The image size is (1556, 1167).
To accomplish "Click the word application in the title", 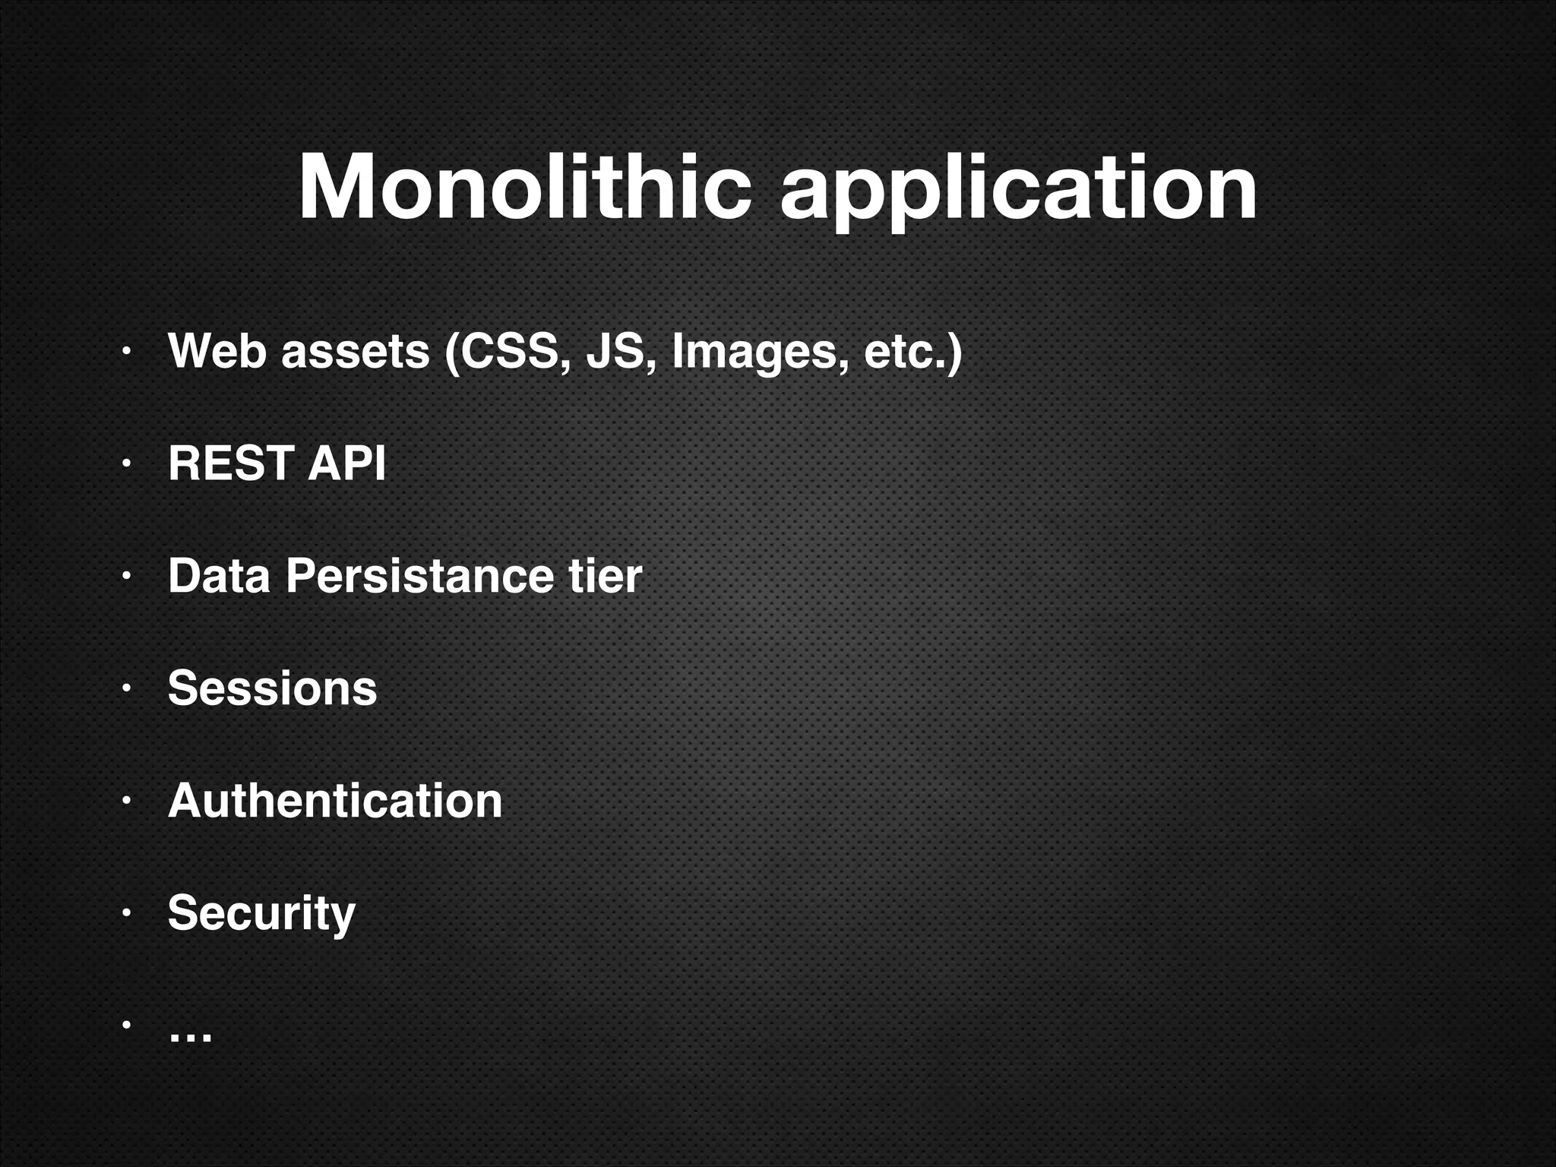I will (1018, 190).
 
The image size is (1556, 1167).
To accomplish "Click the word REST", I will (230, 463).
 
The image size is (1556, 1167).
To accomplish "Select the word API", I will (346, 463).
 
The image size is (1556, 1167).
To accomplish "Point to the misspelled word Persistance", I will (419, 575).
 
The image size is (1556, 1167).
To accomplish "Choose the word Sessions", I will (272, 688).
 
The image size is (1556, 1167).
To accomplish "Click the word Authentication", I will (335, 800).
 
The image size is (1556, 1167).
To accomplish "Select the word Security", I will (261, 913).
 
